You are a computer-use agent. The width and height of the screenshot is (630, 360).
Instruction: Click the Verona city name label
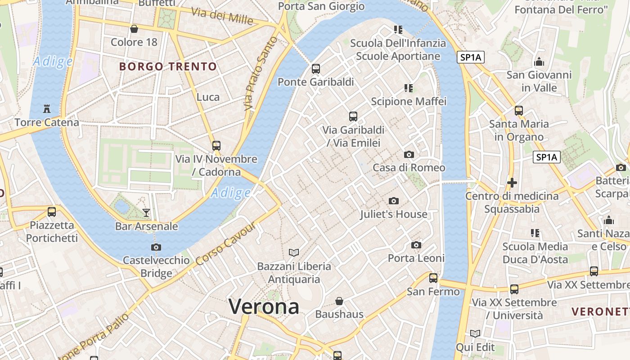[x=264, y=307]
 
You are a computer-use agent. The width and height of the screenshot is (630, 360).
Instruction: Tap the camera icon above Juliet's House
[x=394, y=201]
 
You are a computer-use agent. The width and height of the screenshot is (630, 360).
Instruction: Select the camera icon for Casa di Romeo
[x=409, y=154]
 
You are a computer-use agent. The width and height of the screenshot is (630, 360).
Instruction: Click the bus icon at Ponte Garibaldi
[x=316, y=69]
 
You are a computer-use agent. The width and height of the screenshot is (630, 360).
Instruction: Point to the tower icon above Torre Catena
[x=46, y=108]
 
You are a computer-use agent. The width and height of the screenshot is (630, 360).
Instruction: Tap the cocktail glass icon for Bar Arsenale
[x=146, y=212]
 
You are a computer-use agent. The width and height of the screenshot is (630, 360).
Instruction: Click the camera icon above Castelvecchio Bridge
[x=156, y=247]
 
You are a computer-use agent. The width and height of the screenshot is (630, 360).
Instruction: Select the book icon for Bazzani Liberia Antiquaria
[x=294, y=253]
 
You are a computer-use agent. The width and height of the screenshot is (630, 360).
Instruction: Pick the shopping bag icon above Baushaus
[x=339, y=301]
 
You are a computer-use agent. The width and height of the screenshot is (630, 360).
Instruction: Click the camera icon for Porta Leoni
[x=416, y=245]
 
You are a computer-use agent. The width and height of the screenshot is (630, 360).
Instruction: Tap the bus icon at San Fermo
[x=433, y=278]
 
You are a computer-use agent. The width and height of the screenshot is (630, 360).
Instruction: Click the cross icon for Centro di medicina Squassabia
[x=512, y=183]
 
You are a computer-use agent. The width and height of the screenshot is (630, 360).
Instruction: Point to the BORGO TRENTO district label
[x=168, y=67]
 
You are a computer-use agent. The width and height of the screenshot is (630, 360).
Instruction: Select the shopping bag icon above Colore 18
[x=134, y=29]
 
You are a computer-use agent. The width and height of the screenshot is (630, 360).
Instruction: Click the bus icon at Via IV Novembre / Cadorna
[x=216, y=146]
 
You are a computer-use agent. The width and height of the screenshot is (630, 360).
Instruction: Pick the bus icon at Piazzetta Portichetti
[x=52, y=211]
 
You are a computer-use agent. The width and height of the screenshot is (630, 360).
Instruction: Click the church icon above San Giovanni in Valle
[x=539, y=62]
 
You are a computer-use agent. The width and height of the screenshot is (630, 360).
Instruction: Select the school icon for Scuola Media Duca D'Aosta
[x=535, y=233]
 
